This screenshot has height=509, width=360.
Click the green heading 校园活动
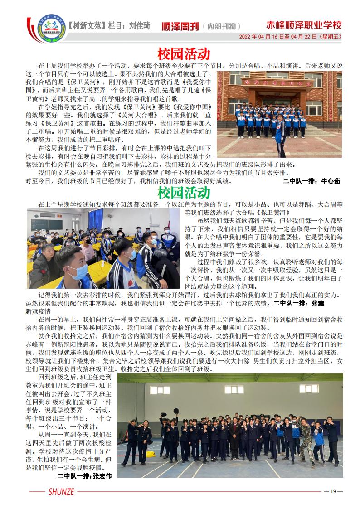coord(184,193)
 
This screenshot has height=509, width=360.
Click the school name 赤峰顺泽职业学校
coord(303,25)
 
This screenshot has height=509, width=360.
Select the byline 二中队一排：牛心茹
coord(311,181)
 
